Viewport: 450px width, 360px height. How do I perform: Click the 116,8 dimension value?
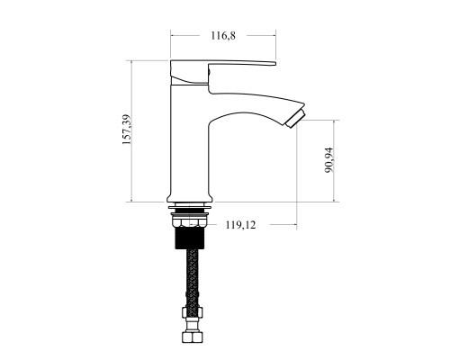tap(223, 36)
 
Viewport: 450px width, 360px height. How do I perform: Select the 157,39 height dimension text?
tap(127, 130)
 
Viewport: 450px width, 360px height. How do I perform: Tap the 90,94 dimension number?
tap(329, 160)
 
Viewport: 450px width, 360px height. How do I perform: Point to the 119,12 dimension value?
tap(240, 225)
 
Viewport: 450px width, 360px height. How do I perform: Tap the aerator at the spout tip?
tap(296, 119)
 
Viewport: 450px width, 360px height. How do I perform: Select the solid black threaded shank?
tap(190, 238)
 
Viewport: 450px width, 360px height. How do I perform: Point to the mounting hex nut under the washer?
tap(190, 222)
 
